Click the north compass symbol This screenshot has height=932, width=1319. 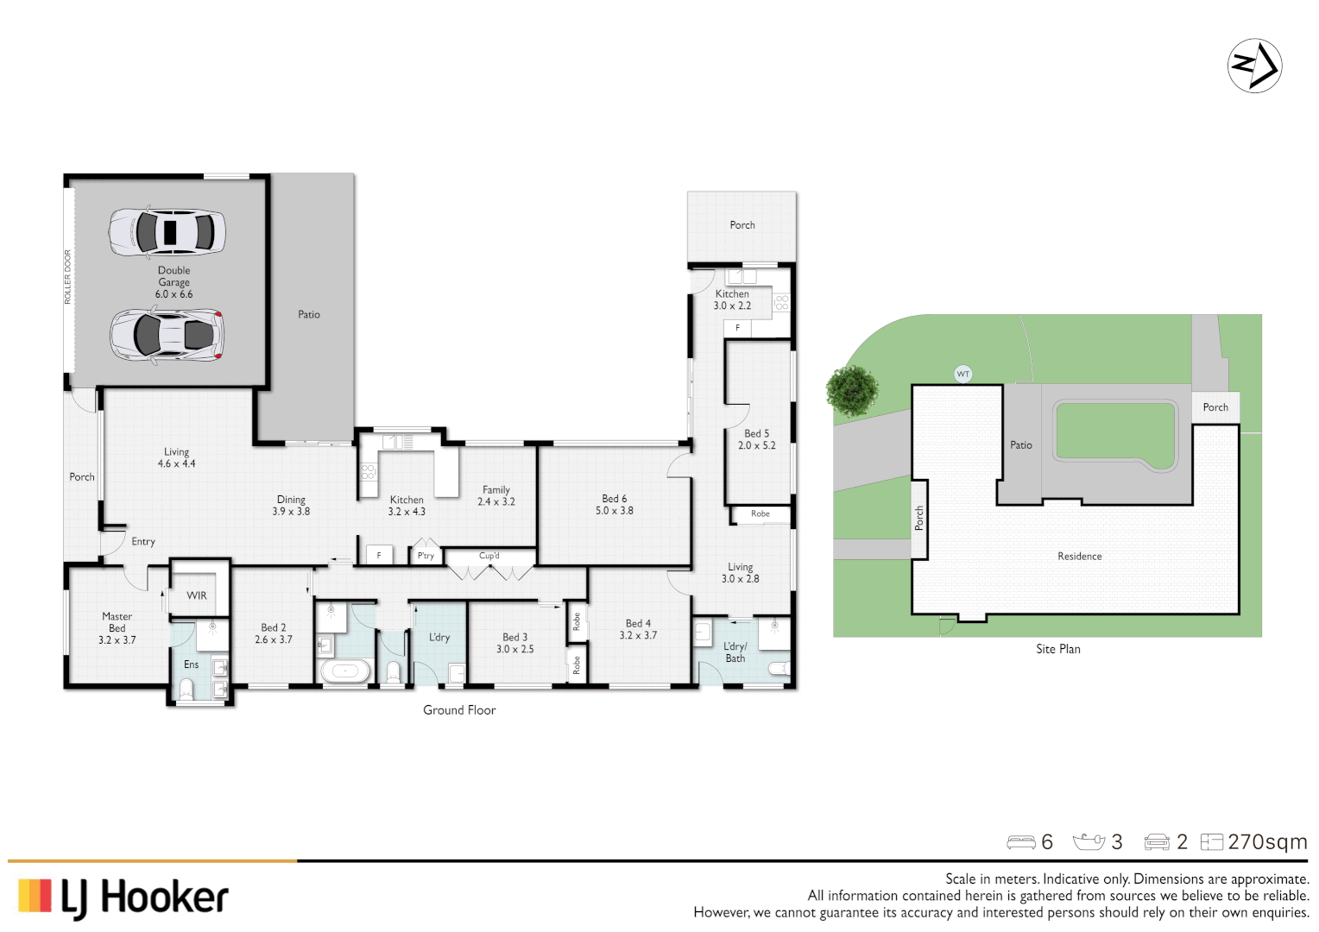[1254, 66]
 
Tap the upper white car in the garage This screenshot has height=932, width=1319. [167, 231]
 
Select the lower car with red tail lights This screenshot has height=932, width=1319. [167, 335]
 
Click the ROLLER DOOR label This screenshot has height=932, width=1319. [68, 277]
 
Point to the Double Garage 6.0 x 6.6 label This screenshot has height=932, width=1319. [174, 282]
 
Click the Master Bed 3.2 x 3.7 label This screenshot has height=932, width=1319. [117, 628]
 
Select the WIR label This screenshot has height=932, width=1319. [197, 595]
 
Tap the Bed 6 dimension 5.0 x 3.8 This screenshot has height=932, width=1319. [614, 511]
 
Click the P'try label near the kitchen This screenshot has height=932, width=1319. [426, 556]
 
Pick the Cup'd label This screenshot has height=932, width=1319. [489, 556]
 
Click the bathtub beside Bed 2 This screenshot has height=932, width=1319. [344, 671]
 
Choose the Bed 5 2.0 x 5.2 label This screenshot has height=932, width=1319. [756, 439]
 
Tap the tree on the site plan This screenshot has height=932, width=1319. [852, 390]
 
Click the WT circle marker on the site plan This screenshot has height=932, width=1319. [963, 374]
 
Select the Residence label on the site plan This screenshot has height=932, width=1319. [1079, 557]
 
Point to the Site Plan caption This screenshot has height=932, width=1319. [1057, 649]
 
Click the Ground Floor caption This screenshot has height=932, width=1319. [459, 710]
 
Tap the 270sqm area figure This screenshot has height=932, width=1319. [1266, 841]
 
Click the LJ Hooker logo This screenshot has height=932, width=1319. [123, 897]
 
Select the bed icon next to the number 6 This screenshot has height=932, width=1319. [1020, 841]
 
